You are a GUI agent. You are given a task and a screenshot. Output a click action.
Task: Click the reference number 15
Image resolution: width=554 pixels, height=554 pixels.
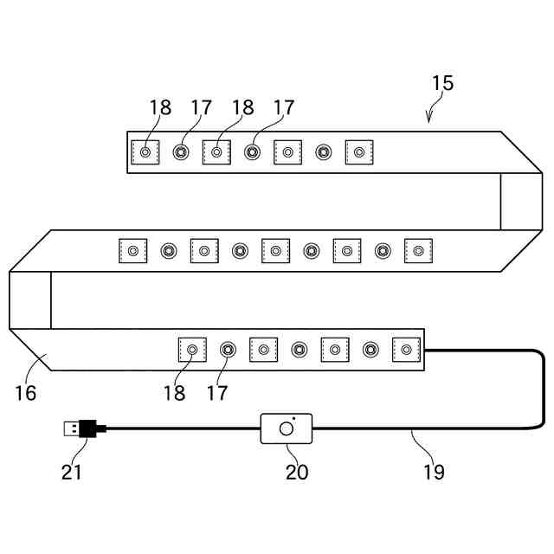point(442,84)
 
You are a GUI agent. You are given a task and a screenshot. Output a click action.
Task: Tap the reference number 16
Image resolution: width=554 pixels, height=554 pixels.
point(26,393)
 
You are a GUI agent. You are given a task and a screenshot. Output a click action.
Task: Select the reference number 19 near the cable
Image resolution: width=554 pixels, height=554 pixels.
point(434,472)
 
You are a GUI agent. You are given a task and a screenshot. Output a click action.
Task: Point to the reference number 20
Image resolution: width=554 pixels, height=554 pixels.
point(297,472)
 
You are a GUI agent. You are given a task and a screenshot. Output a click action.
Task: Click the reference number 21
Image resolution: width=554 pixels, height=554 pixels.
point(72,472)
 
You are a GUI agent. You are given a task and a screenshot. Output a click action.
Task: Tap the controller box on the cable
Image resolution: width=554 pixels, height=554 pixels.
point(286,428)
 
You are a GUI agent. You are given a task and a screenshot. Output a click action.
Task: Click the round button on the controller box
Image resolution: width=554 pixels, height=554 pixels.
point(286,428)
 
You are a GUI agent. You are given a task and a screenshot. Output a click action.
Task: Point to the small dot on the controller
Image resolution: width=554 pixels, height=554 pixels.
point(293,419)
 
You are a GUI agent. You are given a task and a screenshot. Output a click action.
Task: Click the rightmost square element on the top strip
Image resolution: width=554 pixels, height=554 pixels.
point(358,152)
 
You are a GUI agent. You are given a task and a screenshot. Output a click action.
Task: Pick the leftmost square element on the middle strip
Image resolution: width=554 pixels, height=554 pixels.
point(132,251)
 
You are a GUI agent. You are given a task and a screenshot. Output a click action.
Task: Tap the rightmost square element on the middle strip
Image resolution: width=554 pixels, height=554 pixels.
point(418,251)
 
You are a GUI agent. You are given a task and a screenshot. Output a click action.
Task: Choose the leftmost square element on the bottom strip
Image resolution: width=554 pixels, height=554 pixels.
point(191,350)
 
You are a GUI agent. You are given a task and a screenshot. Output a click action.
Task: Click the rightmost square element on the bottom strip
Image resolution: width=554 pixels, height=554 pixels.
point(406,350)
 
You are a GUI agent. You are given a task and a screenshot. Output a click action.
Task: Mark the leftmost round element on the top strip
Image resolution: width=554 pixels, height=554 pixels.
point(181,152)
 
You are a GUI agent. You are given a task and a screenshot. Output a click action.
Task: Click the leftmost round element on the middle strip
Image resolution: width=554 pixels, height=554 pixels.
point(168,251)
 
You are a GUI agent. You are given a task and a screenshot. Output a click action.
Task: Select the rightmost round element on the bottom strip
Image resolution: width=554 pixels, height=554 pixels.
point(370,350)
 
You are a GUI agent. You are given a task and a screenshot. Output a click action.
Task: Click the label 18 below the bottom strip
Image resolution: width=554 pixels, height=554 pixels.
point(174,393)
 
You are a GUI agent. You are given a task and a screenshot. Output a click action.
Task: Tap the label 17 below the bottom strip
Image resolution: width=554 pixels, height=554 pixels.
point(217,393)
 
